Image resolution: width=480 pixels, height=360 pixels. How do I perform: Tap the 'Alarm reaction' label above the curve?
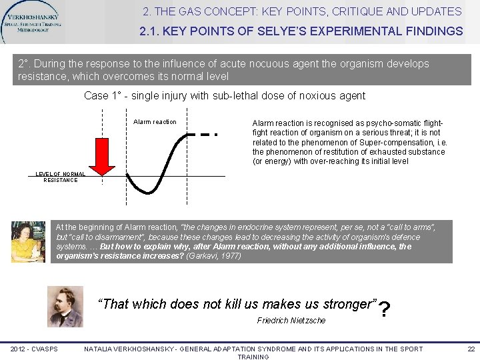tap(155, 122)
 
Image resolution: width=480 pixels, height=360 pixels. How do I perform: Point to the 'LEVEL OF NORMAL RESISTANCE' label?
tap(60, 177)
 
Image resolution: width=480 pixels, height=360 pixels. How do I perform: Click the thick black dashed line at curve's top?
tap(203, 134)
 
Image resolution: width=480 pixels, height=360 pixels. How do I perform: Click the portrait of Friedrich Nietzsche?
tap(65, 307)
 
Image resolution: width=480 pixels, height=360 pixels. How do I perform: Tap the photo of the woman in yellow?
tap(28, 241)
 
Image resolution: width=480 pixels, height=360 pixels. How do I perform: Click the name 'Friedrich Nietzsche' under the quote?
tap(291, 321)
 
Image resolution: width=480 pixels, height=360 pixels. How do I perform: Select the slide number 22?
tap(471, 349)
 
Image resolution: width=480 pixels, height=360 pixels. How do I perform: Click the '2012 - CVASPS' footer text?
tap(34, 349)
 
